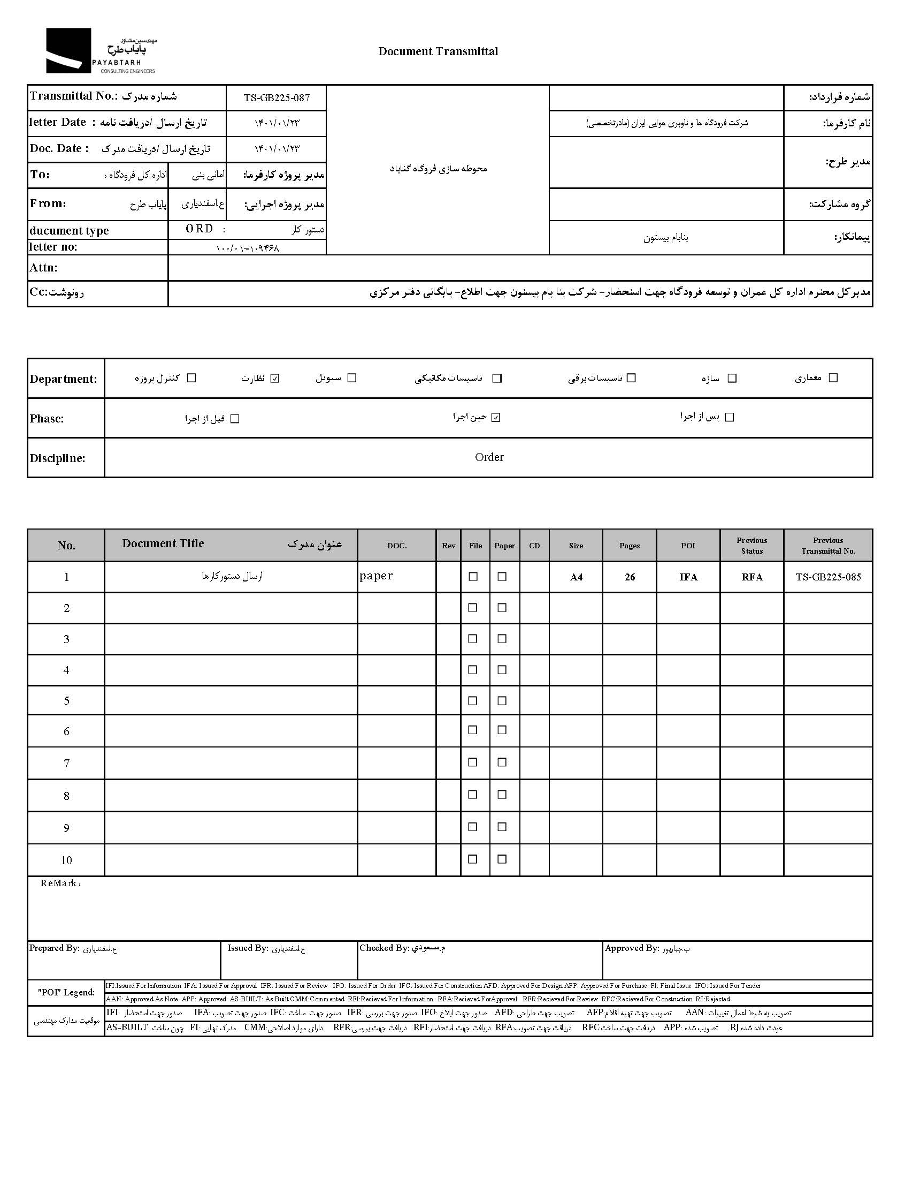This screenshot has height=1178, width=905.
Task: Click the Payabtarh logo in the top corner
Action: tap(101, 51)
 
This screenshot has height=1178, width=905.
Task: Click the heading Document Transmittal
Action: tap(438, 51)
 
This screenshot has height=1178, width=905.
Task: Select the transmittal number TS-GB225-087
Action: tap(277, 97)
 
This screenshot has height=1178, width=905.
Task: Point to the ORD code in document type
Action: tap(200, 229)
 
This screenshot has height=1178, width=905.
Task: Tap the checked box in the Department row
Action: tap(275, 379)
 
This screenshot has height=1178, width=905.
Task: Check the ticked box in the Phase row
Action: tap(496, 417)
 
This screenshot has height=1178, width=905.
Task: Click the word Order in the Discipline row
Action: tap(489, 457)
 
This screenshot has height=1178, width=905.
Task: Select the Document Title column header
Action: tap(163, 543)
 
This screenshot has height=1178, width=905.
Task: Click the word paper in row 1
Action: tap(376, 576)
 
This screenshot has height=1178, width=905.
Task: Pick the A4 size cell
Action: tap(576, 577)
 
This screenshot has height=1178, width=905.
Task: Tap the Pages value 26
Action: tap(630, 577)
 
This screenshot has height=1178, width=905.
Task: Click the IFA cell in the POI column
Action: tap(688, 577)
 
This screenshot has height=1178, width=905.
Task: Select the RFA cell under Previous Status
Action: tap(752, 577)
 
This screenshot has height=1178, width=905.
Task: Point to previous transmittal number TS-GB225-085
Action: tap(828, 577)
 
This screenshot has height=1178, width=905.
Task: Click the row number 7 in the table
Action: tap(66, 763)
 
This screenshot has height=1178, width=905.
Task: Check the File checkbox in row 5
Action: tap(473, 700)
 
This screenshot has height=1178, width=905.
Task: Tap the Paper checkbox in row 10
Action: tap(502, 859)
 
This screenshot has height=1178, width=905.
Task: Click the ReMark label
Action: tap(59, 883)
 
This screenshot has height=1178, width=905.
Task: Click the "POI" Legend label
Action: tap(66, 992)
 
